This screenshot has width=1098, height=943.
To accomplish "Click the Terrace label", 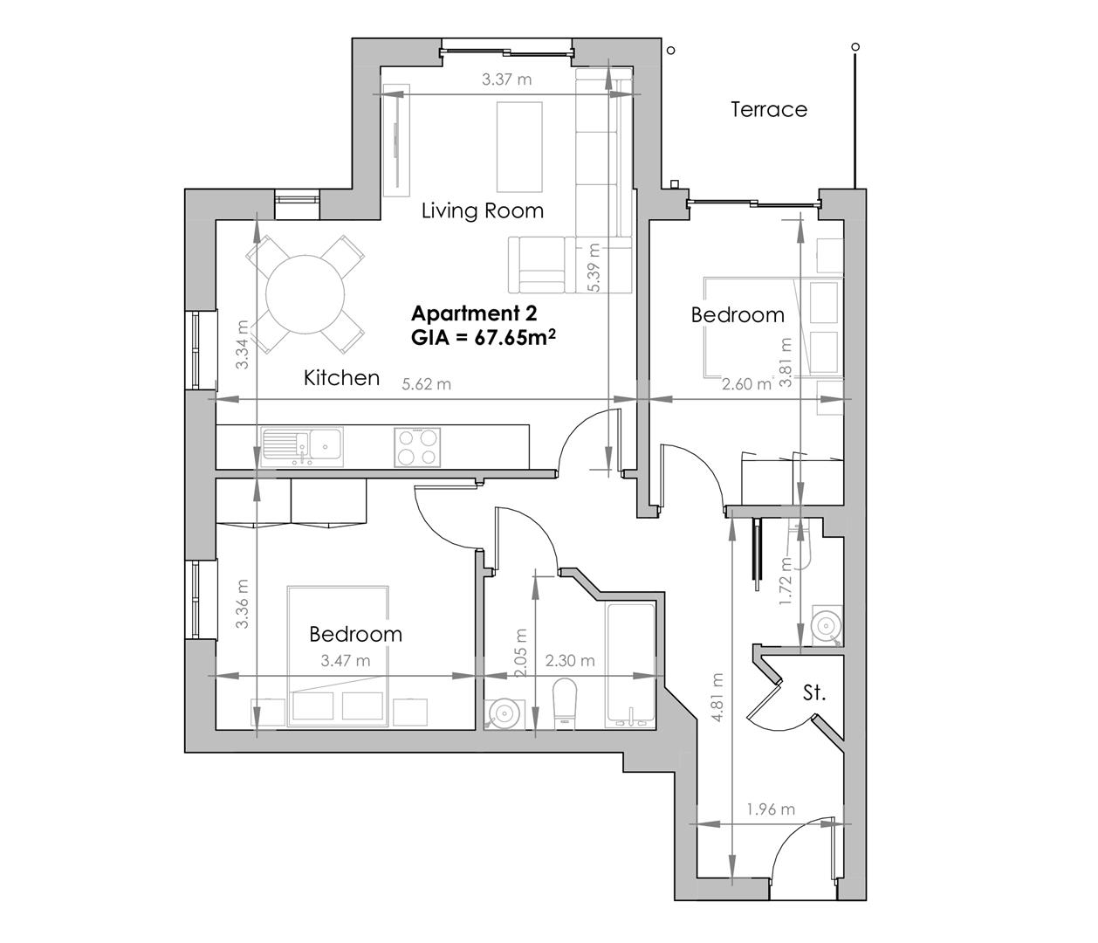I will [768, 109].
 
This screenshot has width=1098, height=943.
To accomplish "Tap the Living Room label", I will [482, 210].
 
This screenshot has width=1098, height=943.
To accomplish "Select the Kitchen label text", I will [341, 377].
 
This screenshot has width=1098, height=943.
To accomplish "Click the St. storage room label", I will [813, 693].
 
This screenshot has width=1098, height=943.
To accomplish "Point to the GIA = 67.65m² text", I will [484, 338].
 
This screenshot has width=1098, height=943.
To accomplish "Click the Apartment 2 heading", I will [474, 313].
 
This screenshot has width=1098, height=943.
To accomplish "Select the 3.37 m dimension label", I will [506, 79].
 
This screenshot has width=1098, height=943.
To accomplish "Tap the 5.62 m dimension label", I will [426, 384].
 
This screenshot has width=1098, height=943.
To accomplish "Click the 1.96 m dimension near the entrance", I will [771, 809].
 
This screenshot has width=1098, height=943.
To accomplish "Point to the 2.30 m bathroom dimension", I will [569, 661].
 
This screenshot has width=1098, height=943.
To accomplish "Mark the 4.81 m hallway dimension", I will [717, 697].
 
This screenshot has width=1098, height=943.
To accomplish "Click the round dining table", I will [305, 293].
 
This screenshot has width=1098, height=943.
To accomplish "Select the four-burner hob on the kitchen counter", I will [416, 446].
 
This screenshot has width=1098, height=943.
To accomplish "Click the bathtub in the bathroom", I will [629, 664].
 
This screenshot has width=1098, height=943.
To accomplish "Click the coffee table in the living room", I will [520, 146].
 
